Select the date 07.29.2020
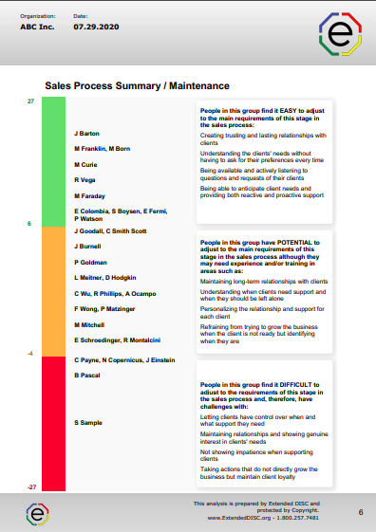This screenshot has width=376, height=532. click(91, 28)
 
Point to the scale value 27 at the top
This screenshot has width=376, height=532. click(30, 101)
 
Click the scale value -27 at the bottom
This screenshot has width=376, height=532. click(31, 486)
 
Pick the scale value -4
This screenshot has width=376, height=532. click(30, 352)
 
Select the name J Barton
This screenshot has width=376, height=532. click(87, 135)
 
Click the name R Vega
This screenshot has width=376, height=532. click(85, 178)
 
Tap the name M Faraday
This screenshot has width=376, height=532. click(90, 193)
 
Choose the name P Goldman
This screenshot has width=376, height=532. click(90, 261)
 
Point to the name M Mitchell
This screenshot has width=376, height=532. click(90, 324)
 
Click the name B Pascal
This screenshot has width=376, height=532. click(87, 376)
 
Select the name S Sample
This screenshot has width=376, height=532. click(89, 423)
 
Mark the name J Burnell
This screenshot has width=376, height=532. click(88, 246)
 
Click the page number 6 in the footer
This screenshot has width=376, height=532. click(361, 512)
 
